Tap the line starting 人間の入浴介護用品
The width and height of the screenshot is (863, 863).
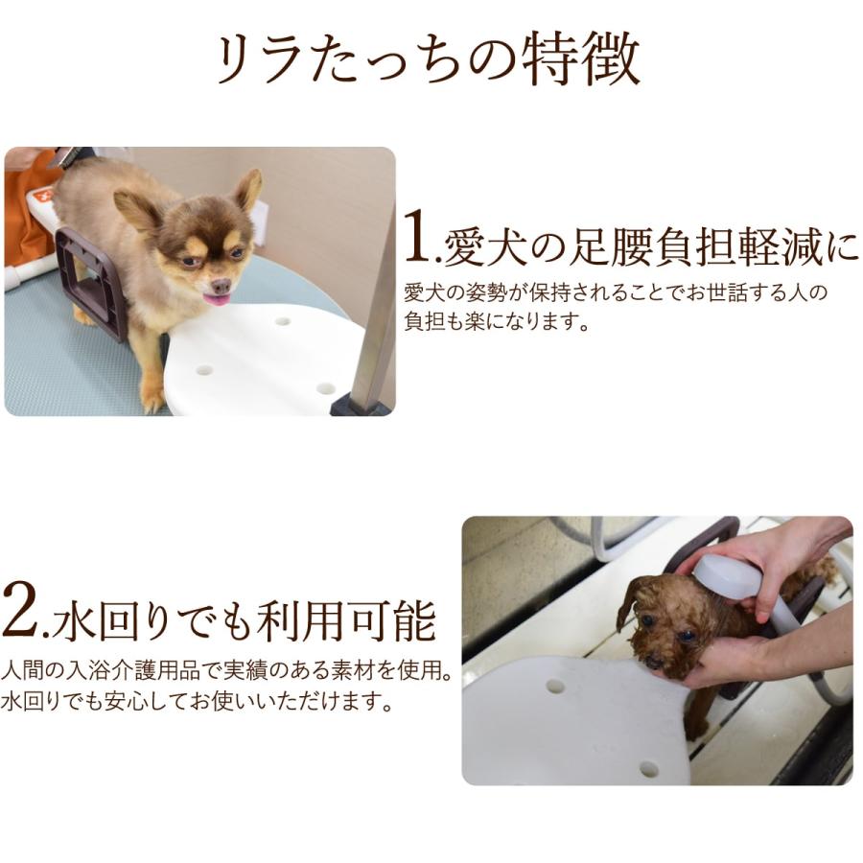click(226, 668)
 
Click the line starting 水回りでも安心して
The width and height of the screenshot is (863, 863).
click(197, 702)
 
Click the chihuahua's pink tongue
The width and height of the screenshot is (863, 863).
click(218, 300)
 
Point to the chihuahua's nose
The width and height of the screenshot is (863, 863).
click(220, 285)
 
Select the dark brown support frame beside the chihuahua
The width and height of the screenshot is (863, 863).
click(92, 283)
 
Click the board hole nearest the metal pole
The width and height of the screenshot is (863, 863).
click(325, 388)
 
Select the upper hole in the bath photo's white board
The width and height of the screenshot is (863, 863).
click(555, 687)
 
